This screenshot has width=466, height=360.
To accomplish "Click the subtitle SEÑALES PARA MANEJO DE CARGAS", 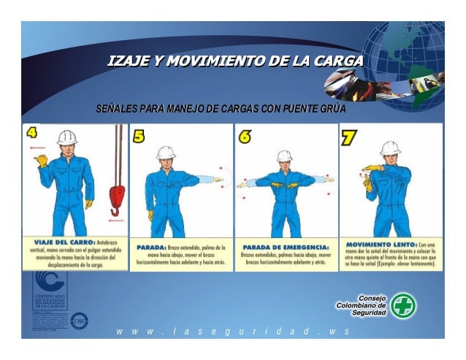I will (221, 110).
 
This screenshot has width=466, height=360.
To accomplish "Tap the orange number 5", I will (139, 137).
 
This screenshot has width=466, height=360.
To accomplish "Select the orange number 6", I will (245, 137).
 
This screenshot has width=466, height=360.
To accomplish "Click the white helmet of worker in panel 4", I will (67, 137).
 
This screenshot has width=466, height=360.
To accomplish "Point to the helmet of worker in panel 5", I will (167, 152).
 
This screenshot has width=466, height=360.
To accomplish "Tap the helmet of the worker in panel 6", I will (284, 156).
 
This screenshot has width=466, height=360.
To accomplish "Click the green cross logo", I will (402, 305).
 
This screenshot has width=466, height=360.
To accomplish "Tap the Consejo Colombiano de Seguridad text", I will (361, 305).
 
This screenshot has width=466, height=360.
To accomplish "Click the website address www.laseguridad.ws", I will (232, 332).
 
